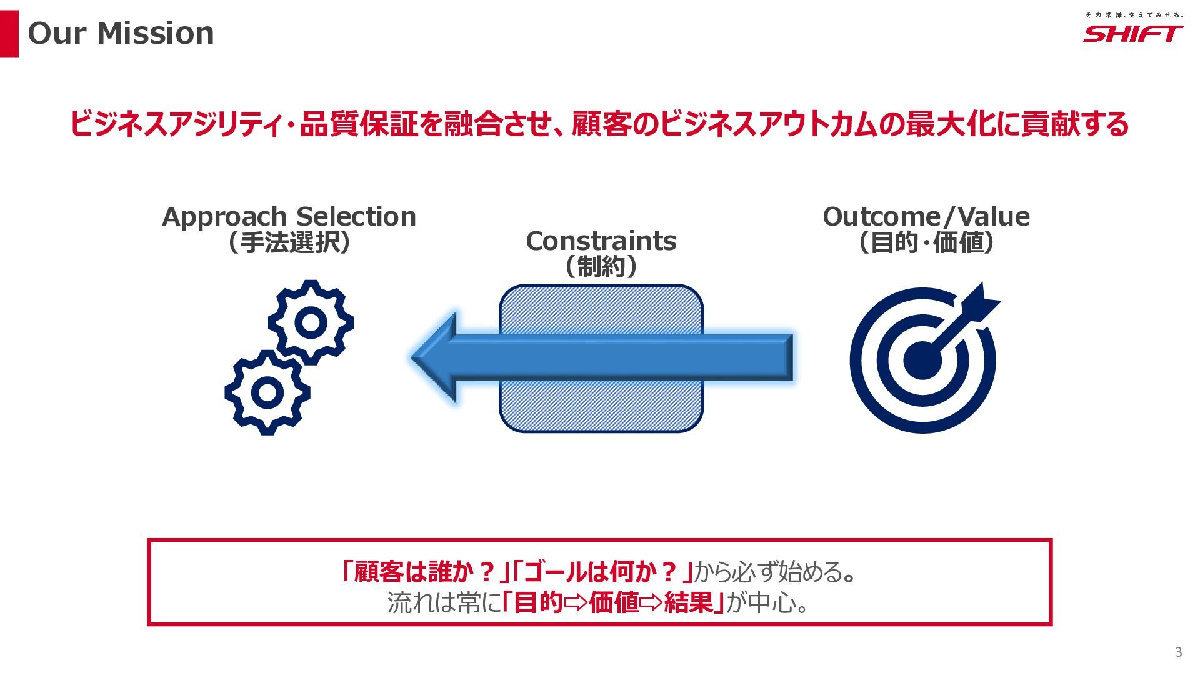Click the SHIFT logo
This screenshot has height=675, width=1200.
1132,33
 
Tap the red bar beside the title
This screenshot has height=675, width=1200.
9,34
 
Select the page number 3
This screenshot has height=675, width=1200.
1179,652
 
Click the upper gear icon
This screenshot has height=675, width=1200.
311,322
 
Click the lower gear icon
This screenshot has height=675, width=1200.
267,392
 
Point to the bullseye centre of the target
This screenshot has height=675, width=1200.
922,361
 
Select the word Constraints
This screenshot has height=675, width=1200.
601,241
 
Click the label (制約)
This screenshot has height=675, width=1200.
601,267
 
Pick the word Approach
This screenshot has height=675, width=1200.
224,217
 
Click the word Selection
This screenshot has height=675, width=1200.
356,217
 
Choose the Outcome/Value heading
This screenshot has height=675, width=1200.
926,217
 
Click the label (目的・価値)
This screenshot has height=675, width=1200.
926,242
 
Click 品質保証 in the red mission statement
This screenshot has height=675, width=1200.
359,124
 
